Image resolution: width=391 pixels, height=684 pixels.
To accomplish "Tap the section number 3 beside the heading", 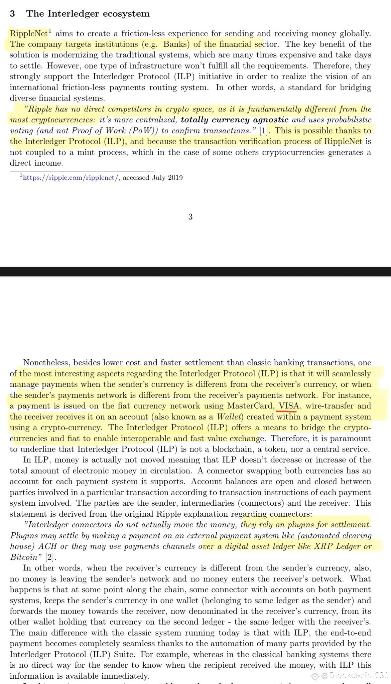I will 12,14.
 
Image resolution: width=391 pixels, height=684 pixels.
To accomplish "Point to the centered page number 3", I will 190,217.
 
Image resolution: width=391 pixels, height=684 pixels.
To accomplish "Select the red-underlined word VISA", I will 287,406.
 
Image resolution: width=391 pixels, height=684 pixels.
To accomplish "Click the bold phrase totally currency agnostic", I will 235,120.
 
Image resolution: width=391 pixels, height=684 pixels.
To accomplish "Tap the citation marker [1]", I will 264,131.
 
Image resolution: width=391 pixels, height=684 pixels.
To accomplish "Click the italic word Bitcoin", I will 24,557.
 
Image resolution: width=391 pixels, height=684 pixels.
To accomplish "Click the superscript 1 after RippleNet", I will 50,31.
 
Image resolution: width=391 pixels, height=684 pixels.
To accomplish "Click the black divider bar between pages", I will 195,272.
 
